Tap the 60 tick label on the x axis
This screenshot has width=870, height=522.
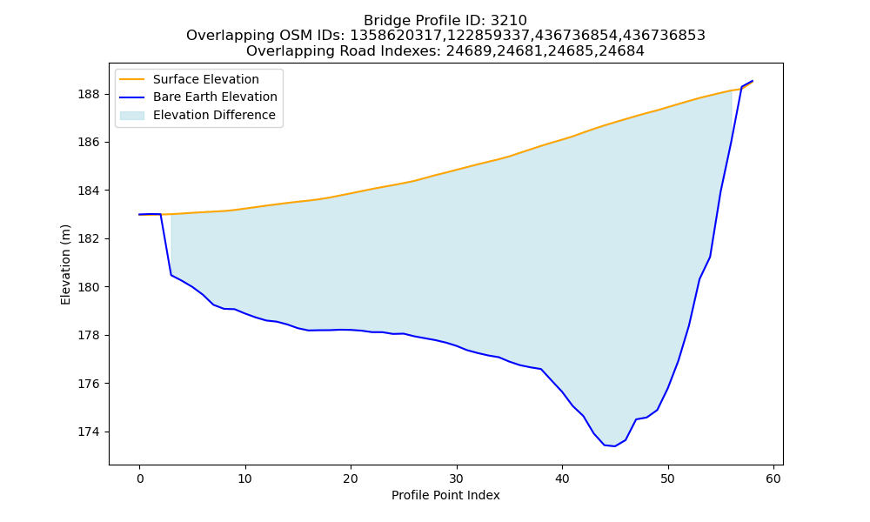pyautogui.click(x=773, y=478)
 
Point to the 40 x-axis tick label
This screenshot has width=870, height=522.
pyautogui.click(x=562, y=478)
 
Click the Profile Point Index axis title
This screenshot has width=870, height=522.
pyautogui.click(x=445, y=495)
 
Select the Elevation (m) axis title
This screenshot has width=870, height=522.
pyautogui.click(x=65, y=264)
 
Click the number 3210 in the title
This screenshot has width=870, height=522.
pyautogui.click(x=509, y=21)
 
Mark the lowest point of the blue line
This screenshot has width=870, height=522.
pyautogui.click(x=615, y=446)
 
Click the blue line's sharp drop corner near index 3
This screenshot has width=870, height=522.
pyautogui.click(x=171, y=275)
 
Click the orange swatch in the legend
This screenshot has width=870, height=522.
pyautogui.click(x=132, y=79)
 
